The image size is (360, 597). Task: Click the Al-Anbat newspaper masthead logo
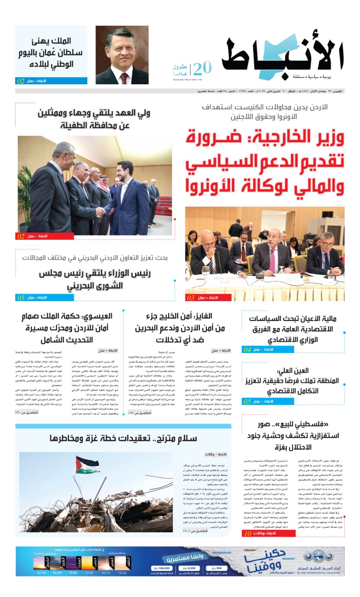pos(282,56)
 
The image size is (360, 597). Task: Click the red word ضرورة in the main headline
pos(214,138)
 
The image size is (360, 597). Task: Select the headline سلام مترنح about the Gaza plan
pos(123,438)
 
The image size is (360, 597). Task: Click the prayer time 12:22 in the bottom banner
pos(122,573)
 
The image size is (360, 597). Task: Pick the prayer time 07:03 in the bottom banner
pos(42,573)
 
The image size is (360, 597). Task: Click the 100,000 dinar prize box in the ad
pos(162,569)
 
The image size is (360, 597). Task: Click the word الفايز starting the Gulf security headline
pos(204,316)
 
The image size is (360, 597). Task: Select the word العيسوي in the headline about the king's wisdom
pos(97,316)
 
